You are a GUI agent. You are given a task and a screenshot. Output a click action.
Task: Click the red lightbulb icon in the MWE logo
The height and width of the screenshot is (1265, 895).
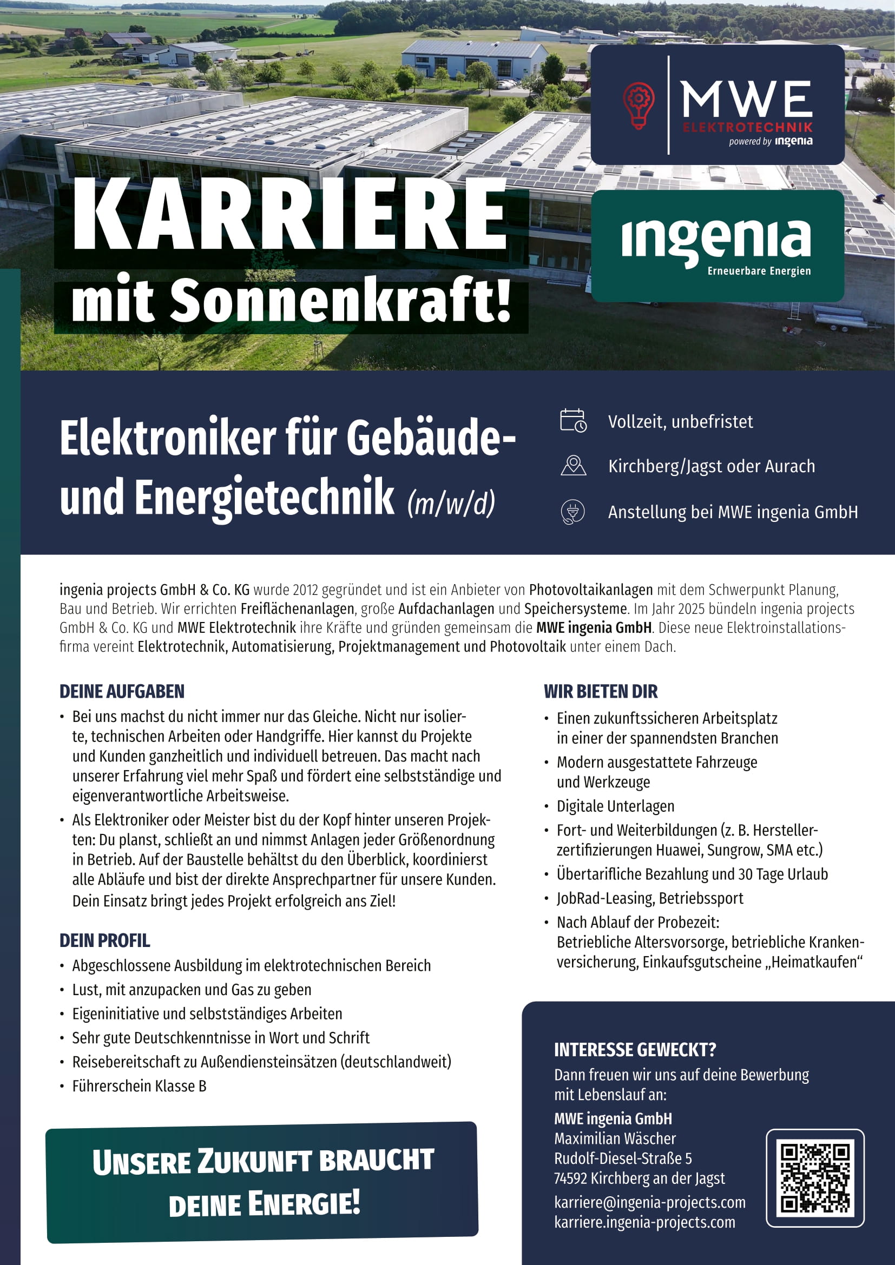(638, 105)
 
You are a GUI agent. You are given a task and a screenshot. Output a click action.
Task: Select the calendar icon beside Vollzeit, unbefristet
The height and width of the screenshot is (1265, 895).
(573, 421)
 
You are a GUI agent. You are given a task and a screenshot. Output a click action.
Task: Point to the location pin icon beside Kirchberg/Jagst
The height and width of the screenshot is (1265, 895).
(573, 466)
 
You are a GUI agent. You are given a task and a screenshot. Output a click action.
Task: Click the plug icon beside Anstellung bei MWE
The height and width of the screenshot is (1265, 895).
(573, 512)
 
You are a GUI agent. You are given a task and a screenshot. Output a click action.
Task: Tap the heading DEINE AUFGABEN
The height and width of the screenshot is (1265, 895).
(122, 692)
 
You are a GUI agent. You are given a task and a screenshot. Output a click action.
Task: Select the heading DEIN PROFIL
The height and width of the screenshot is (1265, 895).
(105, 941)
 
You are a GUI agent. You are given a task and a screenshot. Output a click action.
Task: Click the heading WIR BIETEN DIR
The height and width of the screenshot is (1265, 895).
(601, 692)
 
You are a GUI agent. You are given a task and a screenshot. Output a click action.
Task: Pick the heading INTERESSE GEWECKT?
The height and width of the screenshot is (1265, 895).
(635, 1050)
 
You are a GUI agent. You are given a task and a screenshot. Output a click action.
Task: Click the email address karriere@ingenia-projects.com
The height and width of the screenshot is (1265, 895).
(650, 1202)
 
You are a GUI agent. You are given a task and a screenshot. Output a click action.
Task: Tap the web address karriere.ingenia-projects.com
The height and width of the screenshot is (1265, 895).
(645, 1222)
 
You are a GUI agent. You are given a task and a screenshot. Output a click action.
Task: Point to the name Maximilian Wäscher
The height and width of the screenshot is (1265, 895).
(615, 1138)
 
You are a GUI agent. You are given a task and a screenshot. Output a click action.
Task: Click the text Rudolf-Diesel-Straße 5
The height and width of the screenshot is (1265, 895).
(623, 1158)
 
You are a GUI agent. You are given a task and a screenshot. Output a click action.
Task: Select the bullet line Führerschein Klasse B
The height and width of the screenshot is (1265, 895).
(140, 1086)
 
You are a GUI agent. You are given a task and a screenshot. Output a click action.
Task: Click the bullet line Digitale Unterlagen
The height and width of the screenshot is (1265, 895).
(615, 806)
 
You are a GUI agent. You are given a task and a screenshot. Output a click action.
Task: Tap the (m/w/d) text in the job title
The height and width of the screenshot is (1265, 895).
(451, 502)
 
